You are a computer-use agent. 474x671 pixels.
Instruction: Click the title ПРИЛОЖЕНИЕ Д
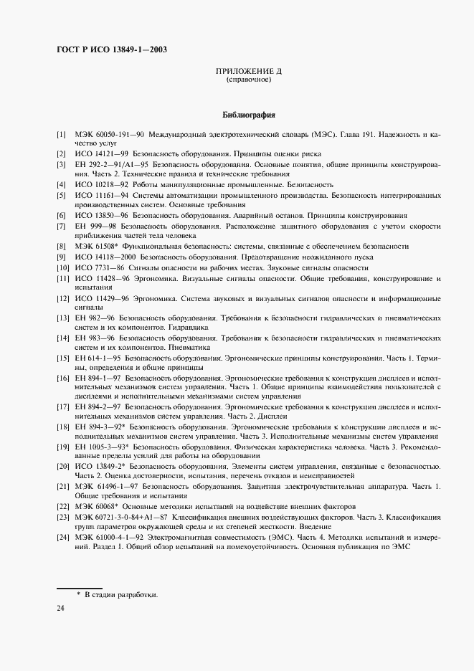coord(248,71)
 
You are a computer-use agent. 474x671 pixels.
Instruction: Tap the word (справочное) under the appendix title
coord(248,80)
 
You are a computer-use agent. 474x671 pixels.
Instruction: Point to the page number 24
coord(61,607)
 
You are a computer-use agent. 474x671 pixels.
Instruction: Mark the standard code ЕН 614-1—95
coord(98,356)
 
